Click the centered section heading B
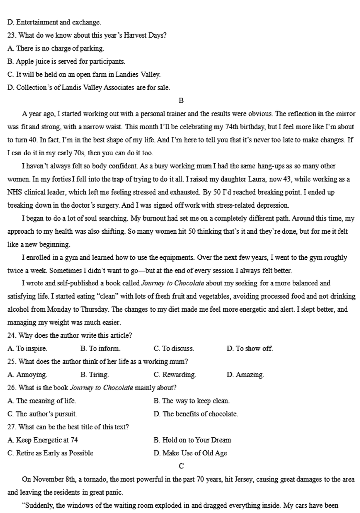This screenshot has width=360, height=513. tap(181, 100)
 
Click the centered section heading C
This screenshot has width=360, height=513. tap(181, 466)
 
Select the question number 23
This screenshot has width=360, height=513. tap(12, 35)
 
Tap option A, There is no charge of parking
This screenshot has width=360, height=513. tap(56, 48)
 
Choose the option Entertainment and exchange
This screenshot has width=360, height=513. tap(54, 22)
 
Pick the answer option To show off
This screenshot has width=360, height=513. tap(250, 349)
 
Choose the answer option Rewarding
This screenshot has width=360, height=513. tap(175, 375)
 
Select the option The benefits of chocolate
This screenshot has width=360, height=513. tap(196, 414)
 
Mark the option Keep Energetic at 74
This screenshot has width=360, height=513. tap(42, 440)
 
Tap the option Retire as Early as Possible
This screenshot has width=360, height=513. tap(50, 453)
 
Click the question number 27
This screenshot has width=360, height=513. tap(12, 427)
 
